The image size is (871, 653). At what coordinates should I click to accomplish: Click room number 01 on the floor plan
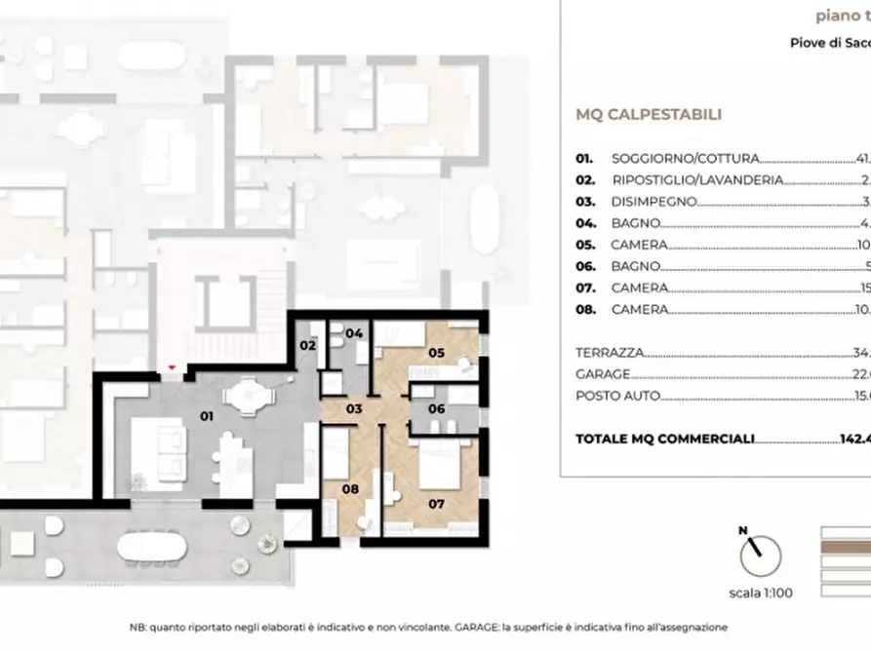tap(206, 415)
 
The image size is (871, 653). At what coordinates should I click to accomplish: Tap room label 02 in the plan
tap(307, 345)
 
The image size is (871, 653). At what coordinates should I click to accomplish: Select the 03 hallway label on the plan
tap(355, 409)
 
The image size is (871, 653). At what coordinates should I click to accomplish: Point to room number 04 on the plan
tap(355, 333)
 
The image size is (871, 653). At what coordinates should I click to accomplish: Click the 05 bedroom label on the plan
tap(436, 353)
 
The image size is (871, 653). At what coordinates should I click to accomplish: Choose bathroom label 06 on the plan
tap(436, 408)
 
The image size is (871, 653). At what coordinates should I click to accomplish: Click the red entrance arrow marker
tap(173, 367)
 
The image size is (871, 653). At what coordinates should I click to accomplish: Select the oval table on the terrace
tap(154, 550)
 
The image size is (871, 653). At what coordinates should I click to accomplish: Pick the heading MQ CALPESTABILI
tap(649, 114)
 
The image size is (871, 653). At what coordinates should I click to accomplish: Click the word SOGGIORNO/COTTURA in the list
tap(685, 158)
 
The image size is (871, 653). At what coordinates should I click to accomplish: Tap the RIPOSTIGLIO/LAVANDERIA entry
tap(697, 180)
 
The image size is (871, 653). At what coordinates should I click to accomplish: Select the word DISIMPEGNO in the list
tap(653, 202)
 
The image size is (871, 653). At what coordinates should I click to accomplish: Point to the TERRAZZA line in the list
tap(610, 352)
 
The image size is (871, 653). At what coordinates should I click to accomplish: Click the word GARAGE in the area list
tap(602, 374)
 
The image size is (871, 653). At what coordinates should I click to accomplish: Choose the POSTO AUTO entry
tap(616, 396)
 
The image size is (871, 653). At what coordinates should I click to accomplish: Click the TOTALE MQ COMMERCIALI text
tap(665, 440)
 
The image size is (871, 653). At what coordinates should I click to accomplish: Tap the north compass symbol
tap(760, 554)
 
